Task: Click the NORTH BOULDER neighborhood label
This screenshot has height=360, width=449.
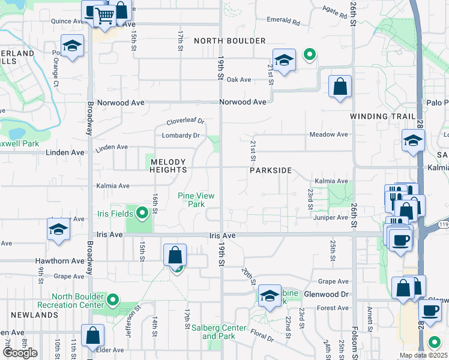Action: tap(230, 41)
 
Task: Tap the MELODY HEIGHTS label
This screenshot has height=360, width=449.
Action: tap(169, 166)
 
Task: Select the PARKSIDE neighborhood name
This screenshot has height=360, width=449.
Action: tap(271, 170)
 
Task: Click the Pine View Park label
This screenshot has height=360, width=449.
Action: tap(196, 200)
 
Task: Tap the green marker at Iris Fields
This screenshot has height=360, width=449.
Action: tap(142, 213)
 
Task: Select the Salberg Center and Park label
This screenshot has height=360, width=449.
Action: tap(218, 332)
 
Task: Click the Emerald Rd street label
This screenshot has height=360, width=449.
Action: tap(284, 21)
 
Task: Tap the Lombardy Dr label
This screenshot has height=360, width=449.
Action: tap(181, 136)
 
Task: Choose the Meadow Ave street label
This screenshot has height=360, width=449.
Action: tap(329, 134)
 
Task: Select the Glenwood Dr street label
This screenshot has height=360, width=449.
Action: tap(327, 294)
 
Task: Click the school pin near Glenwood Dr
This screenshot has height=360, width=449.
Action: tap(270, 295)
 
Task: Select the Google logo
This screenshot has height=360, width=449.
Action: tap(20, 353)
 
